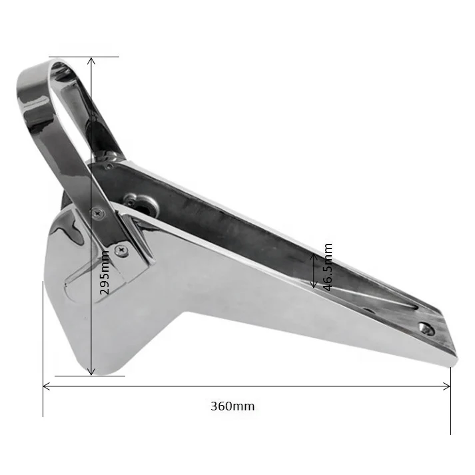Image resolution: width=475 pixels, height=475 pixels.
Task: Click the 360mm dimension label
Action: (x=233, y=405)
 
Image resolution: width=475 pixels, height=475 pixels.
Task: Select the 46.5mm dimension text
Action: (x=327, y=267)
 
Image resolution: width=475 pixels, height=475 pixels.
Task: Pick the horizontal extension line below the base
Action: (x=90, y=376)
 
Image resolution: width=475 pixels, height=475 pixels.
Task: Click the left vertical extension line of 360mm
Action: (x=43, y=346)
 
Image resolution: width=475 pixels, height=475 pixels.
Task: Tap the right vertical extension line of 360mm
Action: (x=450, y=400)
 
